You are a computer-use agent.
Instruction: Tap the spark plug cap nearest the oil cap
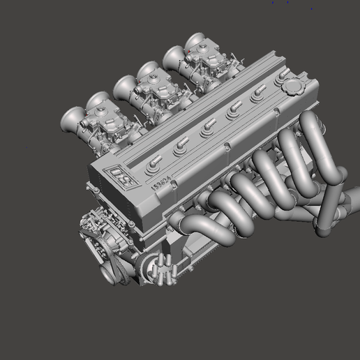(x=259, y=92)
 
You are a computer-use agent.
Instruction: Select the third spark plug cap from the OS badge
(x=208, y=126)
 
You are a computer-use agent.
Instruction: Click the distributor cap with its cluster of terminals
(x=162, y=269)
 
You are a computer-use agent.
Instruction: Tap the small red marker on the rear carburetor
(x=188, y=51)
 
